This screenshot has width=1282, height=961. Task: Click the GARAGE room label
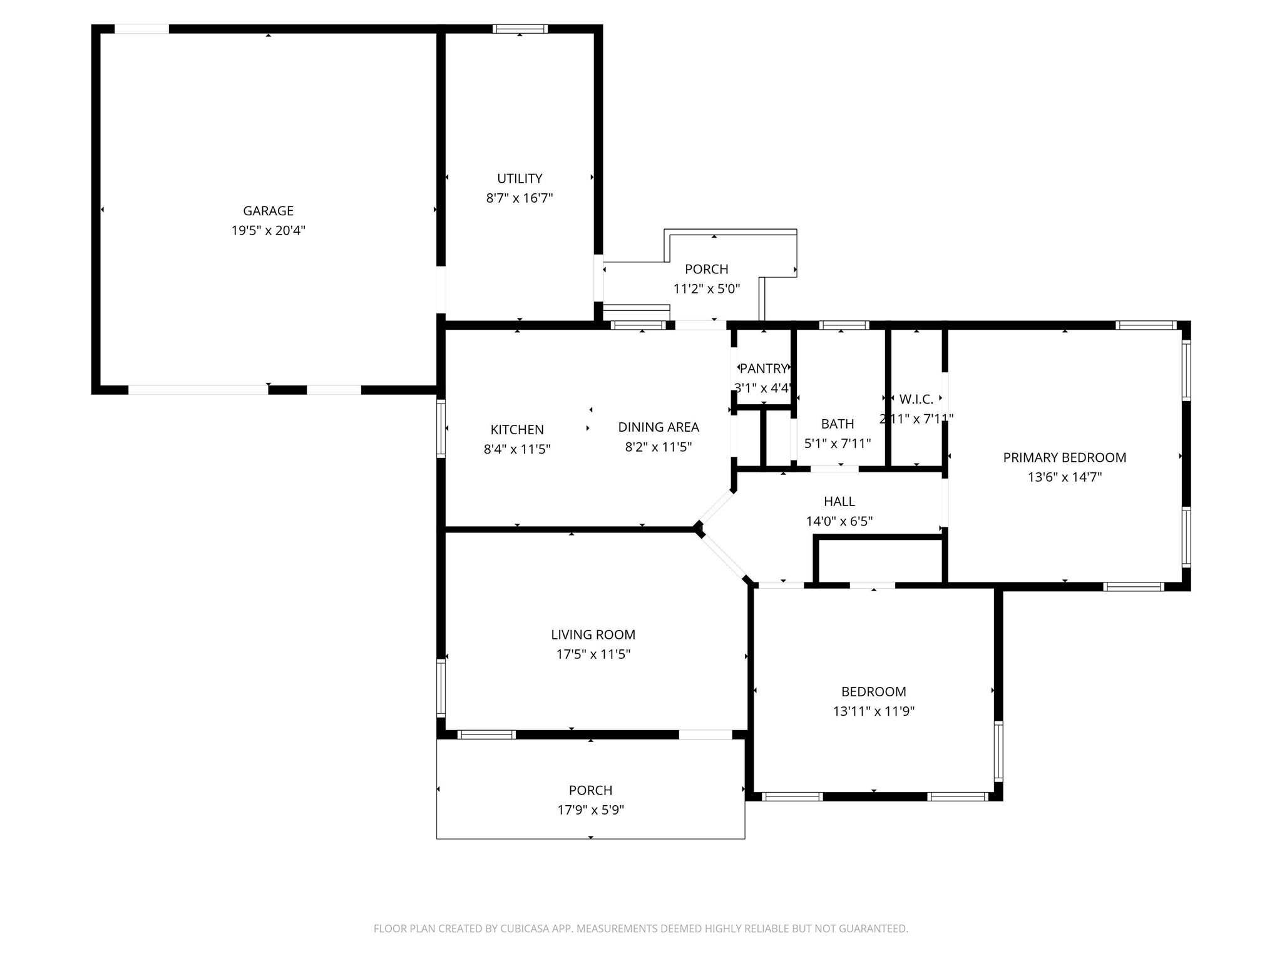(x=268, y=211)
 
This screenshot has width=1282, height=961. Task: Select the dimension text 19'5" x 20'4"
(x=268, y=231)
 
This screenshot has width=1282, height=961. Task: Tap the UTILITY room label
(x=520, y=179)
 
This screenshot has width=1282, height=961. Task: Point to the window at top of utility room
(x=520, y=29)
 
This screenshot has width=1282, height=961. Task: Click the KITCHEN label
(x=517, y=430)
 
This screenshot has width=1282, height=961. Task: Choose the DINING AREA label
(x=659, y=427)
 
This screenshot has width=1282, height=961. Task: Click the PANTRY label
(x=763, y=369)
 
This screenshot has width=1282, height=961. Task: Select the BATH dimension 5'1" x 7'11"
(x=838, y=444)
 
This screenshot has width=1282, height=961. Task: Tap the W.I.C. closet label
(x=916, y=399)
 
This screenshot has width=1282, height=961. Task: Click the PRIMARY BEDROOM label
(x=1064, y=457)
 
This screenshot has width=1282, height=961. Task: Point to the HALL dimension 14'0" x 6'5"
(x=839, y=521)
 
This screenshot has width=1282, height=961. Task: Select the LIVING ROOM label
(x=593, y=635)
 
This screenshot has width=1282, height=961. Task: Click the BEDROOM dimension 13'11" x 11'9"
(x=873, y=711)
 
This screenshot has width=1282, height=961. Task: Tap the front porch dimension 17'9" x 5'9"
(x=590, y=810)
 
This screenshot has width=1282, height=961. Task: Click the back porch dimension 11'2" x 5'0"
(x=707, y=289)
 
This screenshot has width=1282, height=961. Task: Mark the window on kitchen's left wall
(x=441, y=429)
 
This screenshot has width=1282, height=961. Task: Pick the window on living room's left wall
(x=441, y=688)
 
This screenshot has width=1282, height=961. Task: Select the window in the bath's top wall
(x=843, y=325)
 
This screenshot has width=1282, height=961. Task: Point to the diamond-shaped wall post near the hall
(x=699, y=530)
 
